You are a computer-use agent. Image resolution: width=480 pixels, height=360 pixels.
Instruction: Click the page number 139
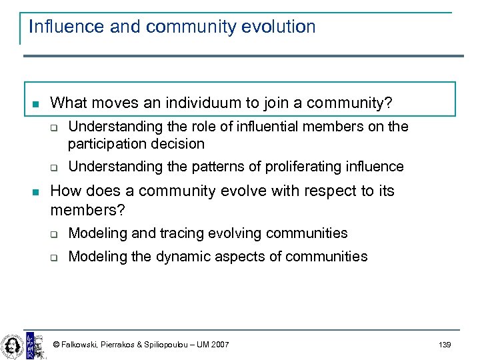[x=445, y=345]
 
